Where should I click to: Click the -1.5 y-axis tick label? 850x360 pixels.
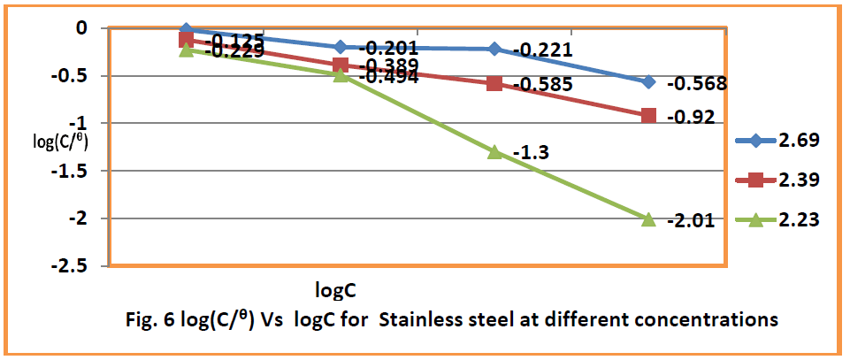tap(78, 171)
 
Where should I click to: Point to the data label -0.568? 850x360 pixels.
tap(697, 84)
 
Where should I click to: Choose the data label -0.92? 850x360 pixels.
tap(690, 117)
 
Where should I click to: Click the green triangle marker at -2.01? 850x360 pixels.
tap(647, 218)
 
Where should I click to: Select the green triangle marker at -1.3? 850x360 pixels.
tap(494, 151)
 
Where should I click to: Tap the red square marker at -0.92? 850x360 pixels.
tap(648, 116)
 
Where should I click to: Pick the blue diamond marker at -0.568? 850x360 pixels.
tap(648, 82)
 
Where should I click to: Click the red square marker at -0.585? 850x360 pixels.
tap(494, 83)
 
